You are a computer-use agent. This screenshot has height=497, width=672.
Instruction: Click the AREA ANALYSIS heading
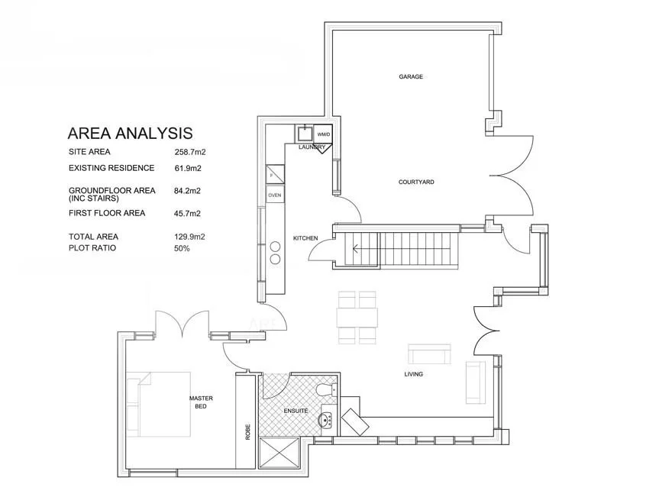pos(130,134)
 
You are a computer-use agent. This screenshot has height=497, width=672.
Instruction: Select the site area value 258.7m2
pos(190,152)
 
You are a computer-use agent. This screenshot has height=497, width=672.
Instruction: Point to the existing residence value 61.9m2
pos(188,168)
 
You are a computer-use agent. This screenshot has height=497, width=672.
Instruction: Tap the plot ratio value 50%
pos(182,248)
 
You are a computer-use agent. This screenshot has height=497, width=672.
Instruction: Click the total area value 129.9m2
pos(190,237)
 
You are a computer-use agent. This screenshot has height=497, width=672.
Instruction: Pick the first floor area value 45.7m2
pos(188,214)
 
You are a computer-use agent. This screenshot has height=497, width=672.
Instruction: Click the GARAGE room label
pos(411,76)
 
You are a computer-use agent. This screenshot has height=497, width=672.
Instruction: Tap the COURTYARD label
pos(416,182)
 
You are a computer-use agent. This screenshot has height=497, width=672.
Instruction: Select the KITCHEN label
pos(305,239)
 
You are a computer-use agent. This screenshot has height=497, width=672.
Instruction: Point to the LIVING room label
pos(414,374)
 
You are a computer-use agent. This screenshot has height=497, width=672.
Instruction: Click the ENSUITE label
pos(296,411)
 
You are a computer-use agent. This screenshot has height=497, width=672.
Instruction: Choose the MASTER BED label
pos(201,402)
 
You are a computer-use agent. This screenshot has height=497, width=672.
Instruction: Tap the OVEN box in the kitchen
pos(274,195)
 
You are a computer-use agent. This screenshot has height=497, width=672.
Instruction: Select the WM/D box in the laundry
pos(324,134)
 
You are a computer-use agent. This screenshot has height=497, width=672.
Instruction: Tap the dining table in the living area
pos(357,316)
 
